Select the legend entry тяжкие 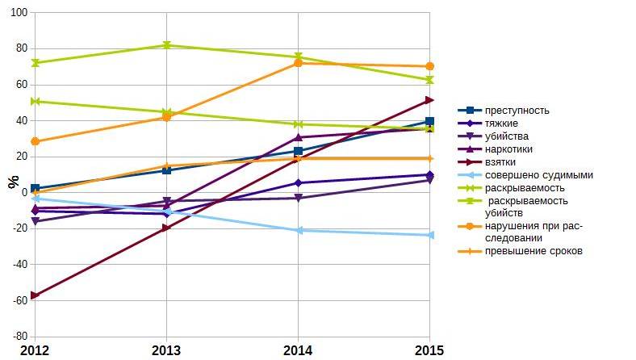point(501,123)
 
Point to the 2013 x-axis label point(166,350)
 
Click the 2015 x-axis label point(429,350)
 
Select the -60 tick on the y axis point(19,299)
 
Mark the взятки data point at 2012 point(35,295)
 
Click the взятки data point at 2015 point(429,100)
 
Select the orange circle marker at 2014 point(298,63)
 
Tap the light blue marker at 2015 point(429,235)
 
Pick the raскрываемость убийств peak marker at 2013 point(166,45)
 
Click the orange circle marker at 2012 point(35,141)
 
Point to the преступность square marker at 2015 point(429,122)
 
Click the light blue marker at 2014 point(298,230)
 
